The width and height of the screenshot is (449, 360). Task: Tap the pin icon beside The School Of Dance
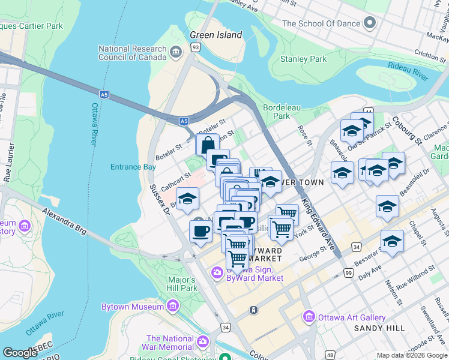(370, 23)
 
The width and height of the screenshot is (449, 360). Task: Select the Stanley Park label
(304, 59)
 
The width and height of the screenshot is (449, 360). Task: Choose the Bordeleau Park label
(277, 112)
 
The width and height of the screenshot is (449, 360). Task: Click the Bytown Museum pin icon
(173, 307)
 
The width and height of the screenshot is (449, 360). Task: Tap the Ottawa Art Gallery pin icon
(309, 316)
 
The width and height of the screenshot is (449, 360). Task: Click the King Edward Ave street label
(318, 222)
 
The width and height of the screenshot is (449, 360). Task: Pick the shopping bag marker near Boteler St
(207, 145)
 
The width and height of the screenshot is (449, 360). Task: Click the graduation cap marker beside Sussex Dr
(187, 198)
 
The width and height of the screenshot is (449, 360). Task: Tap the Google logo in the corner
(19, 353)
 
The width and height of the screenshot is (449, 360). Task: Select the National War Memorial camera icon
(203, 341)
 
